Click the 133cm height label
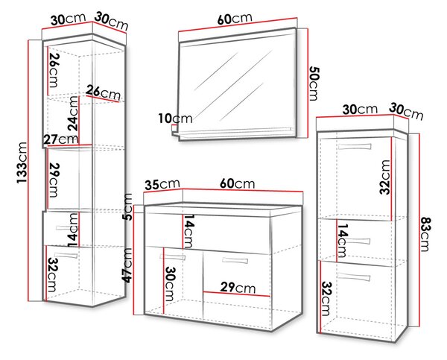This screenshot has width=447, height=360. (22, 163)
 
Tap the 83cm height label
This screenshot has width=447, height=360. (426, 234)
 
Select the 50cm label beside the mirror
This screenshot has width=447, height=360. (314, 83)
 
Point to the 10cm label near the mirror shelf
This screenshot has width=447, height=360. (176, 119)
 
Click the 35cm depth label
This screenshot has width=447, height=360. (162, 184)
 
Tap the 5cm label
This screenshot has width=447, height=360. (128, 206)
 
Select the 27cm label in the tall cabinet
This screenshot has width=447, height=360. (61, 139)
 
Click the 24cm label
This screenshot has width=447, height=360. (73, 113)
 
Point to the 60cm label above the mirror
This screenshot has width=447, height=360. (235, 19)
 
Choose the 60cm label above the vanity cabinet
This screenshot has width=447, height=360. (237, 183)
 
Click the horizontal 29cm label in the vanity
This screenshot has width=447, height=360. (238, 288)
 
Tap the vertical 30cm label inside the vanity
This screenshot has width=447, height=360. (170, 284)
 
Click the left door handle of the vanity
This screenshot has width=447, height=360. (173, 257)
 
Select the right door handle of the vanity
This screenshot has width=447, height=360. (235, 260)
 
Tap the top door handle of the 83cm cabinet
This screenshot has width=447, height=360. (355, 147)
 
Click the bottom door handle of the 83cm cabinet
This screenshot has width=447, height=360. (354, 277)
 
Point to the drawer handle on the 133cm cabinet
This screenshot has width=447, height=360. (64, 228)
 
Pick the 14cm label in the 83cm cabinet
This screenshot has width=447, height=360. (343, 240)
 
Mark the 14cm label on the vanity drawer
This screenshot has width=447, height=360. (189, 231)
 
